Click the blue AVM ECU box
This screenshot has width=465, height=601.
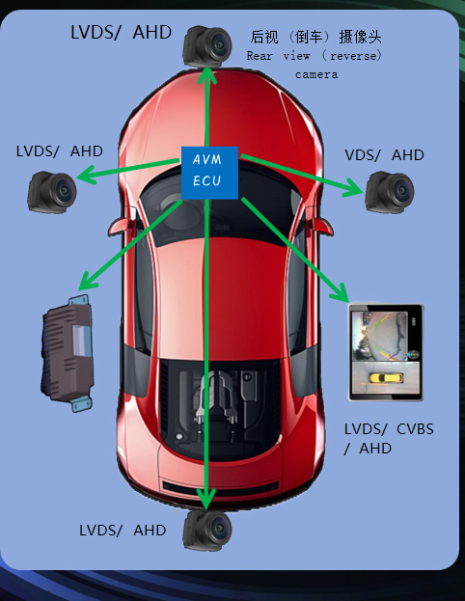tap(209, 173)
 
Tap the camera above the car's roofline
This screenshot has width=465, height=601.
tap(207, 46)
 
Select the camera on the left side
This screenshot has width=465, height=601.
tap(52, 192)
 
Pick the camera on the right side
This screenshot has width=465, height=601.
tap(390, 192)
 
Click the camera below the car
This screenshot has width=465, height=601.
tap(207, 530)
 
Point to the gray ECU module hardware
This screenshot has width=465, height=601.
tap(68, 353)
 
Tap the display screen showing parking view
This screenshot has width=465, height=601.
tap(386, 353)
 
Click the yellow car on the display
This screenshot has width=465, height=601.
tap(387, 378)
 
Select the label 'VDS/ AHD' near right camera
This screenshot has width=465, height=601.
tap(384, 155)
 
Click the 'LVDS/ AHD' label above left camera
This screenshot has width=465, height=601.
tap(60, 151)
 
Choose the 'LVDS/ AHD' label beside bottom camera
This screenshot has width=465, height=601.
tap(123, 531)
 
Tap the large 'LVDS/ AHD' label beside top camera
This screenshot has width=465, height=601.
tap(122, 32)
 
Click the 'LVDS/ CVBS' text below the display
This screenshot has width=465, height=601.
tap(389, 429)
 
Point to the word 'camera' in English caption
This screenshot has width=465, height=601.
tap(316, 74)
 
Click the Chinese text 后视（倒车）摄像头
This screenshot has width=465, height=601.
tap(315, 38)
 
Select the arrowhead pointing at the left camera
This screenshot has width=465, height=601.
tap(86, 176)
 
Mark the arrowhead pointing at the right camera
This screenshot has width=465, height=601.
tap(353, 187)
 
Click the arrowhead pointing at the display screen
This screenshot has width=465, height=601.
tap(340, 293)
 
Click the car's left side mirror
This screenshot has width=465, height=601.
tap(120, 226)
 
